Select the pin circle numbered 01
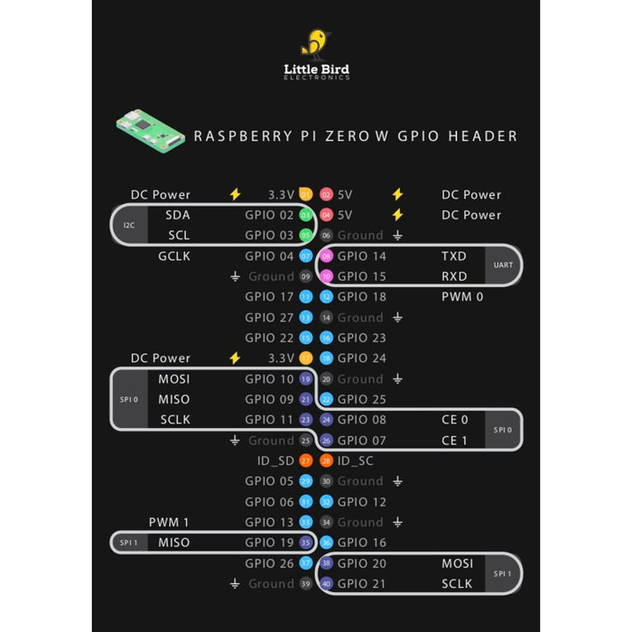305,194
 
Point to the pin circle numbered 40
326,584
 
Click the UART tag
503,265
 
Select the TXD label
454,256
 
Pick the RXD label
454,276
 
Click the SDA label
178,215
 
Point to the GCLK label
173,256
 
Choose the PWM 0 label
461,297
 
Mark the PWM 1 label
170,522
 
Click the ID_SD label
275,460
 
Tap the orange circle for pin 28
326,461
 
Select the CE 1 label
454,441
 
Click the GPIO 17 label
269,297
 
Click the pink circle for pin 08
326,256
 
